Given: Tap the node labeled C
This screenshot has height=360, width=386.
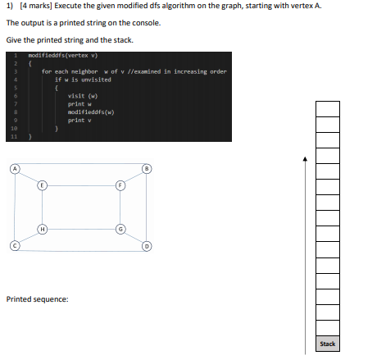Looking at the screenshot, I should (x=14, y=244).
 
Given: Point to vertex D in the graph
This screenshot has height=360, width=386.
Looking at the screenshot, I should (x=148, y=244).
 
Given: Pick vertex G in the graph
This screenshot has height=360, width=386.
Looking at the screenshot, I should (x=120, y=228).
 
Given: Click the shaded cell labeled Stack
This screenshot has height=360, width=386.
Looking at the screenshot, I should (x=327, y=344).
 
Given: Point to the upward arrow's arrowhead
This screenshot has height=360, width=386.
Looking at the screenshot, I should (x=304, y=158).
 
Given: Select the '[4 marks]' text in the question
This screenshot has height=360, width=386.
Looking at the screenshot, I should (x=33, y=7).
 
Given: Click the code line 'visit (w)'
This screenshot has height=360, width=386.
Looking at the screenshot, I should (x=82, y=96).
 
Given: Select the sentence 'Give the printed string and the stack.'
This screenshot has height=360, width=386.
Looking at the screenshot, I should (x=69, y=39).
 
